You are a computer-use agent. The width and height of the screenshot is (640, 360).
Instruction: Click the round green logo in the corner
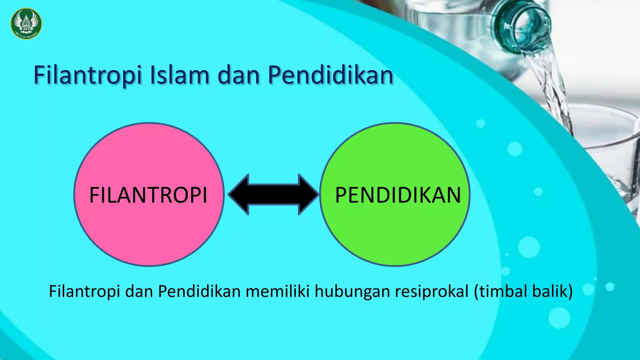click(x=26, y=23)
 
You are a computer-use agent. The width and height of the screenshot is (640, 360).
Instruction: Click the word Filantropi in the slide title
click(x=88, y=75)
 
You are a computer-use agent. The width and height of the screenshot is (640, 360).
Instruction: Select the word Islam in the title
click(x=179, y=75)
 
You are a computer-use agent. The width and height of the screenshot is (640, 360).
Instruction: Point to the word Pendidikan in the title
click(x=330, y=75)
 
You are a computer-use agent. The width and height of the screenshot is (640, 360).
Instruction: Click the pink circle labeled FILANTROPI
click(x=149, y=225)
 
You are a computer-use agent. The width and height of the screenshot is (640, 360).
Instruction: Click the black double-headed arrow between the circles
click(x=273, y=194)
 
